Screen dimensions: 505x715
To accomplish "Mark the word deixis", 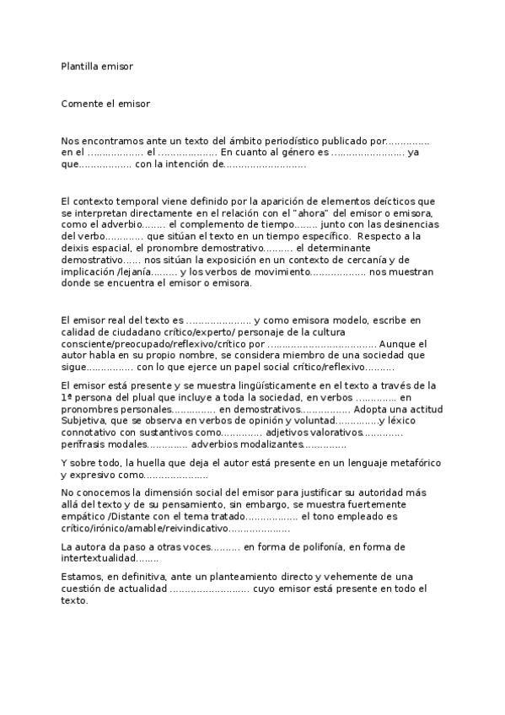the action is pos(74,249).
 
